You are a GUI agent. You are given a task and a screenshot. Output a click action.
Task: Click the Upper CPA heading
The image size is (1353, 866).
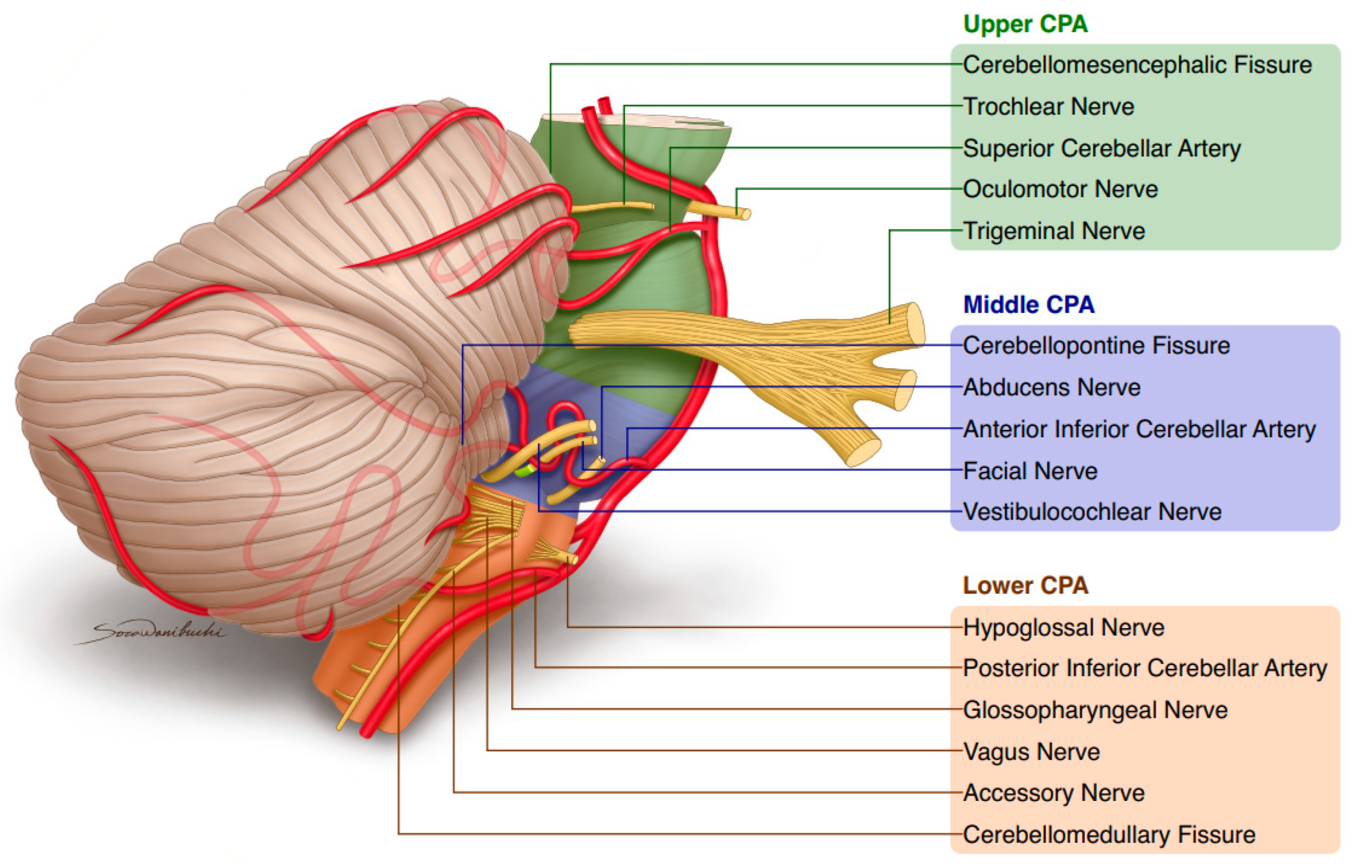1025,24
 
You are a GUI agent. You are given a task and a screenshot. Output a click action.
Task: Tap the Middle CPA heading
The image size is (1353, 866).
1028,305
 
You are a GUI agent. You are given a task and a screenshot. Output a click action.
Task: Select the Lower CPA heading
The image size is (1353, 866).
1025,586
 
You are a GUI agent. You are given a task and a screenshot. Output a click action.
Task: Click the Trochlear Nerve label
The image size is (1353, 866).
1048,106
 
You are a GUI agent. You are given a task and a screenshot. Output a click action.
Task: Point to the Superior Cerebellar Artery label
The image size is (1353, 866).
1101,149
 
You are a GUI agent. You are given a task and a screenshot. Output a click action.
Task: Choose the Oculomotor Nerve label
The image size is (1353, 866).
1060,189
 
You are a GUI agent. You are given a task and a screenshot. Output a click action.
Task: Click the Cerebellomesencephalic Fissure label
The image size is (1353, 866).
1137,65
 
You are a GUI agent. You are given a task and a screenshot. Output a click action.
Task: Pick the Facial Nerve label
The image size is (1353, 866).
1030,471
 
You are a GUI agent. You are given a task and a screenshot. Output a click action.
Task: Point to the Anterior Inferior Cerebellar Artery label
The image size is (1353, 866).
1139,429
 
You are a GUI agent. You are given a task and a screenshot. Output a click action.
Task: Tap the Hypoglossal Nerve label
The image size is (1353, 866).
1063,628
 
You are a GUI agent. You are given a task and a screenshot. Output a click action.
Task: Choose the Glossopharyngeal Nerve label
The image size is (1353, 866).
1095,710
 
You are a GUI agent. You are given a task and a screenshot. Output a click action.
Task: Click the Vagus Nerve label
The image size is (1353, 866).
1031,752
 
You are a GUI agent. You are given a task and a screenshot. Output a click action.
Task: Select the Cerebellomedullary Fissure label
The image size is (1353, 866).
1109,834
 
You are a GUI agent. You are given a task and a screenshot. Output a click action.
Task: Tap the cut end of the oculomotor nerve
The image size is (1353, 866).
746,214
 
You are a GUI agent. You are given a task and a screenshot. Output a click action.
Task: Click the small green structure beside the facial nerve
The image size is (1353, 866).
524,470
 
